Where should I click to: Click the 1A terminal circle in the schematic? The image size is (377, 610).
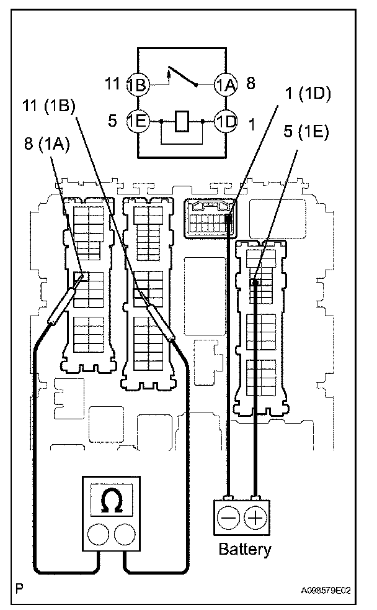[x=226, y=84]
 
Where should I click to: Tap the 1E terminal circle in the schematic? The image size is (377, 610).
[x=137, y=121]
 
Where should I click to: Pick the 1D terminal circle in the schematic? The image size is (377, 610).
[x=226, y=121]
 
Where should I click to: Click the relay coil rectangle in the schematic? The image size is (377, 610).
[x=182, y=121]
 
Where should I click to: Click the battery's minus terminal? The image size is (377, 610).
[x=228, y=516]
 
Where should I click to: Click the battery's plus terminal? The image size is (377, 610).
[x=255, y=516]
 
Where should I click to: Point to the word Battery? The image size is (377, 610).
[x=245, y=549]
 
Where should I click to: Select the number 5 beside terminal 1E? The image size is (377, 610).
[x=112, y=121]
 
